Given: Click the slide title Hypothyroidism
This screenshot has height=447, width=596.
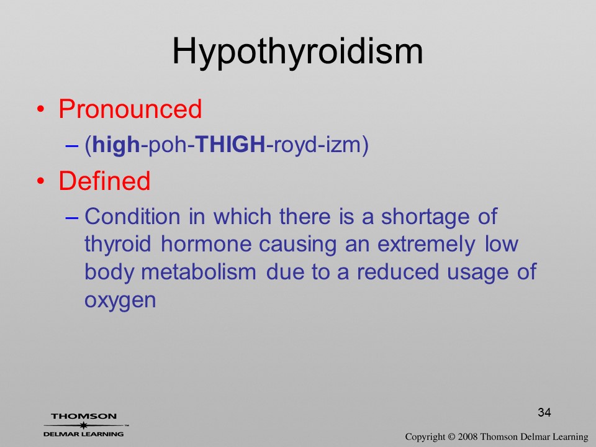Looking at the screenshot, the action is (x=297, y=52).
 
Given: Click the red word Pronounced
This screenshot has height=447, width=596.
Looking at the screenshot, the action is (x=130, y=109).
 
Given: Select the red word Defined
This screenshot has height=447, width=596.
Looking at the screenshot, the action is (x=104, y=181).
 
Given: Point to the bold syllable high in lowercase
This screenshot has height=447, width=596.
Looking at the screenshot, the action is (x=116, y=145).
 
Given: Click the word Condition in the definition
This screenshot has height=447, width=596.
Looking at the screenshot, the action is (x=132, y=217).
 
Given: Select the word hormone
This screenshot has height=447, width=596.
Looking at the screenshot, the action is (x=205, y=244).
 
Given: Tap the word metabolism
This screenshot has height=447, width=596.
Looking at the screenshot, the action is (x=199, y=272).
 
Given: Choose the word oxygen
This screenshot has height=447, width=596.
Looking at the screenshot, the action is (x=120, y=300).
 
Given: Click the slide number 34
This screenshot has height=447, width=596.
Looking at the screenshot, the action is (x=544, y=412).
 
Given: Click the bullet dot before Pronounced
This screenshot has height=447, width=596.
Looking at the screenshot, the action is (x=41, y=109).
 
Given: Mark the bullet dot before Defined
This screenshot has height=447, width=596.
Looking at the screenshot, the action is (x=41, y=181).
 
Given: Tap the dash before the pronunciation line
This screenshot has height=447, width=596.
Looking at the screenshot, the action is (x=71, y=145).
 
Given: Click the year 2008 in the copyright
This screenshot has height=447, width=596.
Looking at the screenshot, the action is (x=467, y=436).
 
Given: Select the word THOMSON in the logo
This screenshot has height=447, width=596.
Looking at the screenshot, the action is (x=84, y=416).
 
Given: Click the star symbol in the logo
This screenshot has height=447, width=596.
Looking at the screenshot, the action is (x=83, y=425).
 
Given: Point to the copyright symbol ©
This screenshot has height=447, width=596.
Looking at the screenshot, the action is (x=451, y=436).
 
